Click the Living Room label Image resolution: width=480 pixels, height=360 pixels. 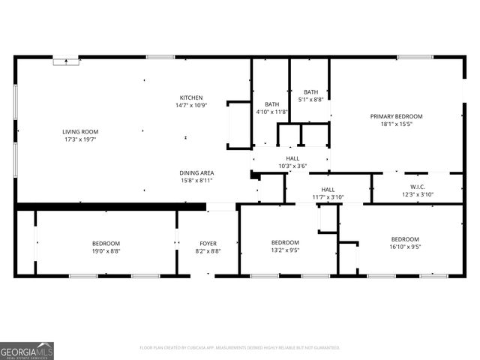[x=80, y=132]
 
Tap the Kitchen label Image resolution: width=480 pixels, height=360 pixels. [x=190, y=98]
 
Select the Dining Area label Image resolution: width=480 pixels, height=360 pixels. [x=196, y=173]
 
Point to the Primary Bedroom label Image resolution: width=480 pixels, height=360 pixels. [x=396, y=116]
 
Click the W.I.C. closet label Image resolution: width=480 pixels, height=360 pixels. [x=418, y=187]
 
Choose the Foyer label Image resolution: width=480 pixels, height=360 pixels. [x=208, y=243]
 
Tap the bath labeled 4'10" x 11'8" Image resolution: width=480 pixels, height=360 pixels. [x=272, y=104]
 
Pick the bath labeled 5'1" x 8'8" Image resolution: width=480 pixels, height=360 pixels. [x=310, y=91]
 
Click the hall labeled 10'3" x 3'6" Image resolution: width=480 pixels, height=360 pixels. [x=292, y=158]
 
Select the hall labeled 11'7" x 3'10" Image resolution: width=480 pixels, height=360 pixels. [x=328, y=190]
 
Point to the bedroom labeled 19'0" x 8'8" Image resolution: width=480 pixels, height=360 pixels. [x=106, y=243]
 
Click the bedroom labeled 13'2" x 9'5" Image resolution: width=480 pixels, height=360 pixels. [x=285, y=242]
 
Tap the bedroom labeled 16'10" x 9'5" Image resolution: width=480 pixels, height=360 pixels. [x=405, y=239]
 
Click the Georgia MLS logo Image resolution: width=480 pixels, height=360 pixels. [x=27, y=350]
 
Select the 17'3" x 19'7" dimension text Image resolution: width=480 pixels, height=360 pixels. [x=80, y=139]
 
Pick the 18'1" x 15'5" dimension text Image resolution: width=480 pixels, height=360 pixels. [x=396, y=124]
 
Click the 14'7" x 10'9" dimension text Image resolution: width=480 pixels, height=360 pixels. [x=190, y=106]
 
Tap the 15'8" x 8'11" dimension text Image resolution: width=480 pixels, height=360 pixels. [x=196, y=181]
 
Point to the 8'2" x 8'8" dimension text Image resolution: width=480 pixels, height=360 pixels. [x=208, y=250]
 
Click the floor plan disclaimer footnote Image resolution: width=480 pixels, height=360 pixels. [x=240, y=347]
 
